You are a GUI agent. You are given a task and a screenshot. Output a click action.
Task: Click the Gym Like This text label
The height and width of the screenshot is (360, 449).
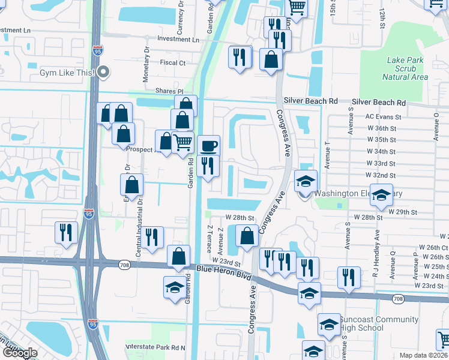tap(67, 73)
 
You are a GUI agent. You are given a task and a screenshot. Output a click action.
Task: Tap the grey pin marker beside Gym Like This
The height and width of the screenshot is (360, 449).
tap(103, 72)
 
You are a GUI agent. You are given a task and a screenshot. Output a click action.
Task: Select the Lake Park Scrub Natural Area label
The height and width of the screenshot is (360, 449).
tap(405, 68)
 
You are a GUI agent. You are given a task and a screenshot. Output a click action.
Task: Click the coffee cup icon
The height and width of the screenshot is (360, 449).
tap(209, 145)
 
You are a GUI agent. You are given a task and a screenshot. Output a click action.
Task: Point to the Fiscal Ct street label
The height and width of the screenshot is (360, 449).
tap(173, 62)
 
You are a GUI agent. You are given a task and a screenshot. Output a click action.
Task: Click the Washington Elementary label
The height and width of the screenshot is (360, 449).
tap(358, 193)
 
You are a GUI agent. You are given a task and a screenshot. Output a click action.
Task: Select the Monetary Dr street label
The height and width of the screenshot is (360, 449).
tap(146, 60)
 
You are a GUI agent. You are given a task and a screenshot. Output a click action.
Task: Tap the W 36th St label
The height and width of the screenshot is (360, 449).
tap(381, 128)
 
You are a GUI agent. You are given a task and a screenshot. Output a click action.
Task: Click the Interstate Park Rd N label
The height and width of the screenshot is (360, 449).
tap(156, 347)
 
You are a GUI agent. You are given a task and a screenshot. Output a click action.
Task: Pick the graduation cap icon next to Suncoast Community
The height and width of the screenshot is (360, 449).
tap(328, 325)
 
